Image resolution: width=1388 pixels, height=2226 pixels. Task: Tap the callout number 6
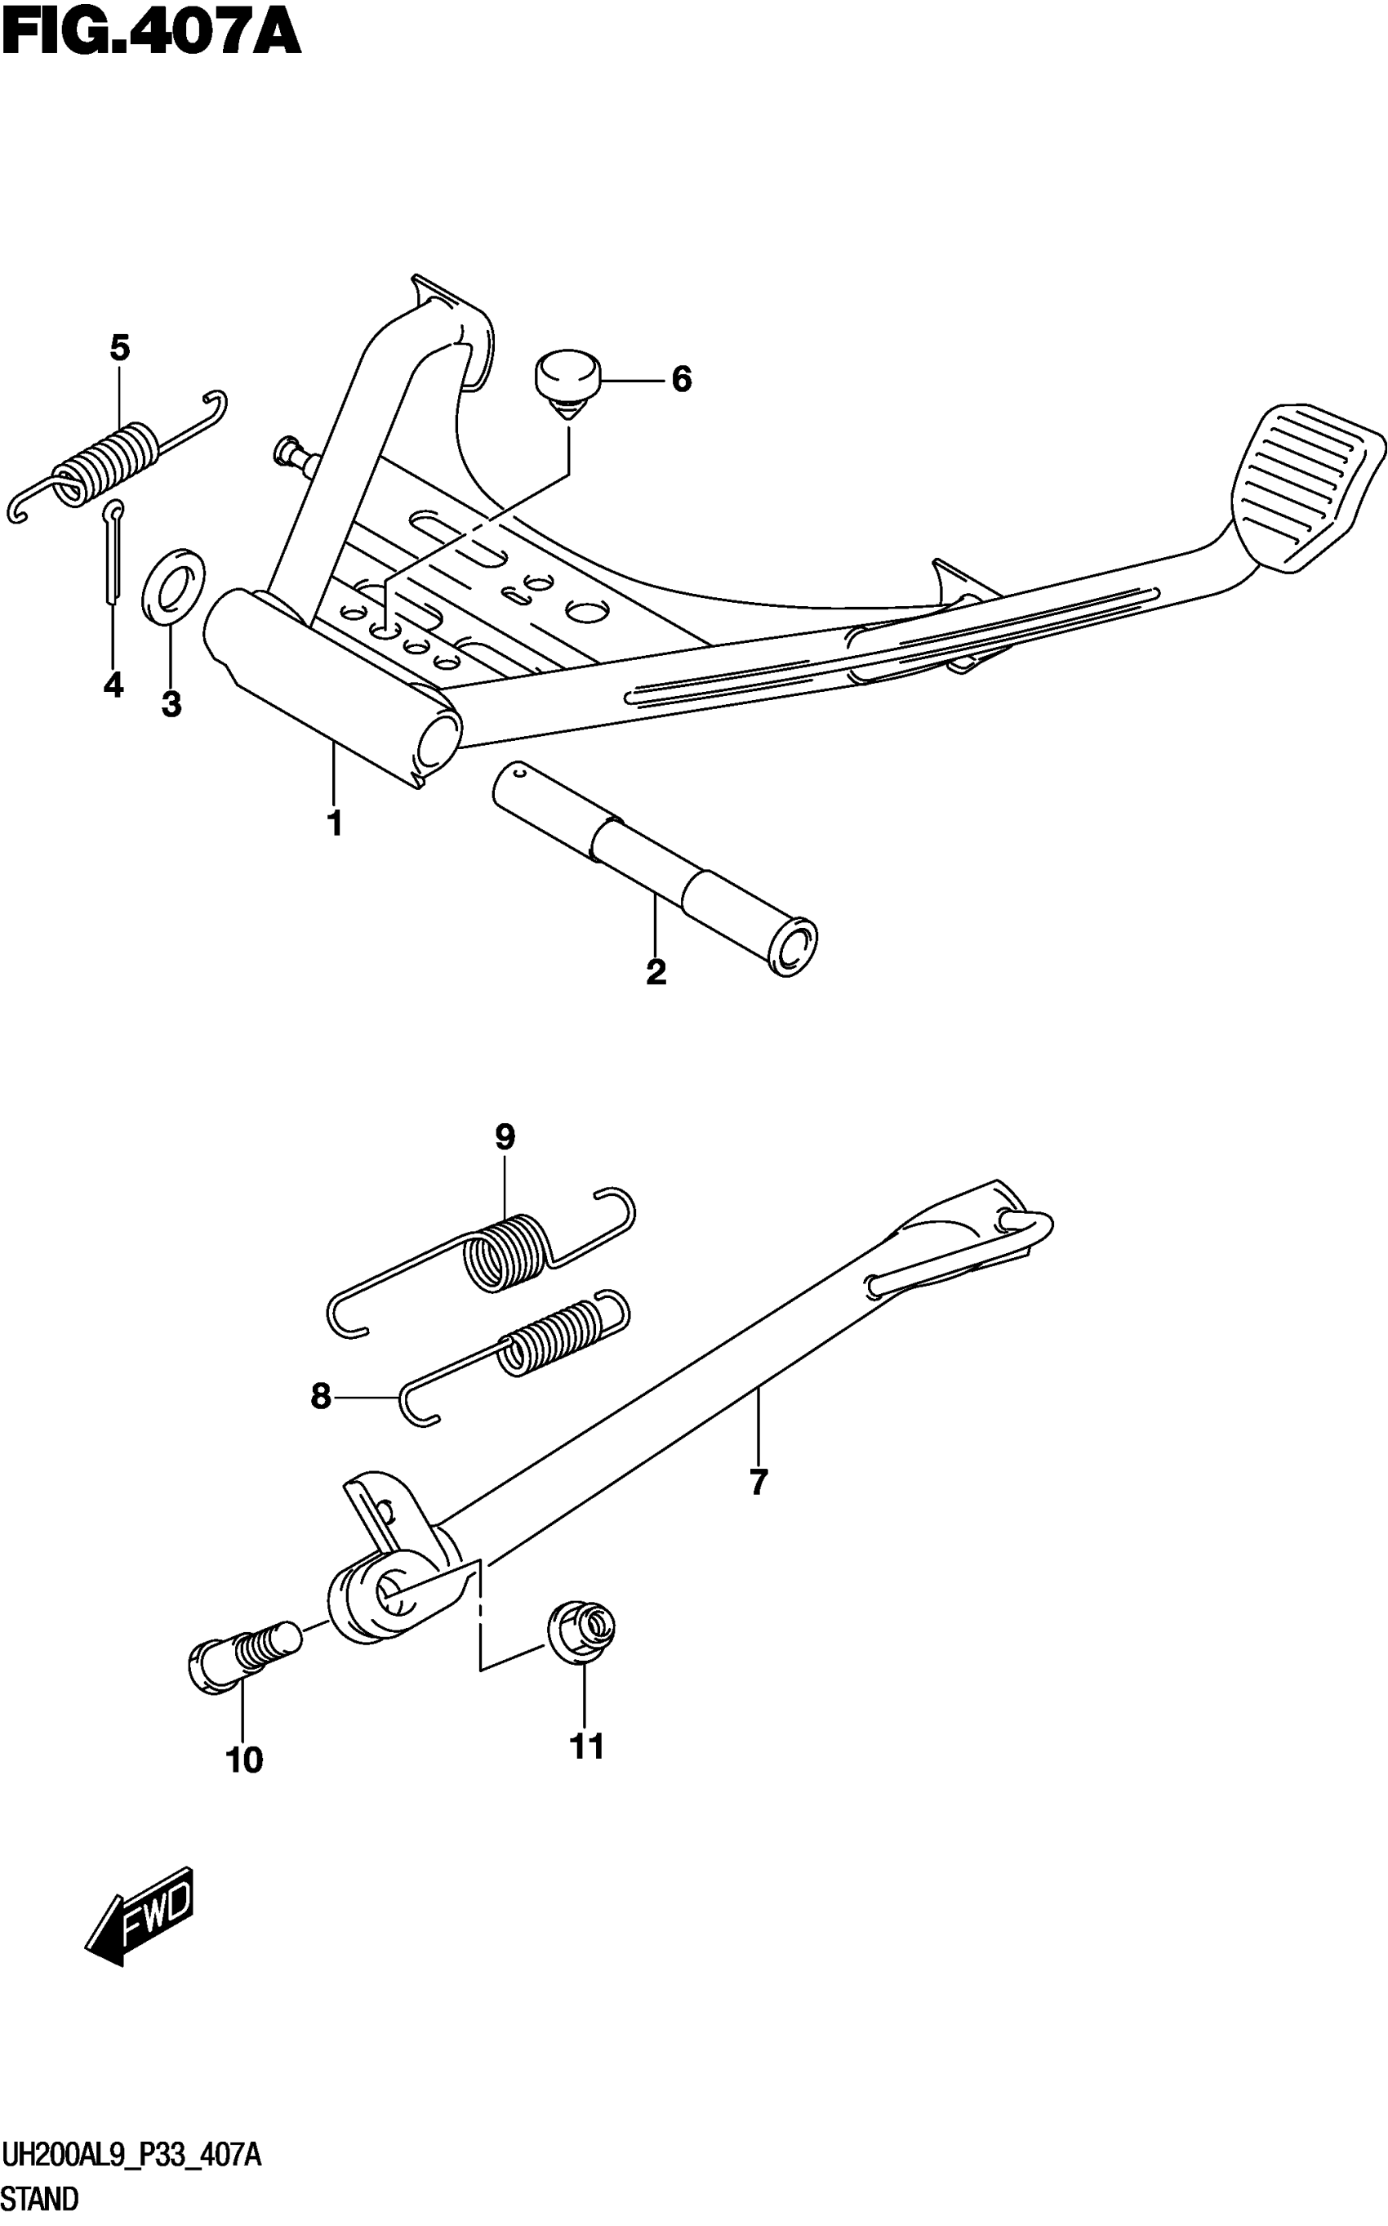point(681,379)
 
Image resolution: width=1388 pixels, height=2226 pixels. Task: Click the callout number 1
point(335,823)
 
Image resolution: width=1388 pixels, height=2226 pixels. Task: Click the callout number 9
point(505,1137)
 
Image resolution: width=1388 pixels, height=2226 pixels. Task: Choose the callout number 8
point(320,1397)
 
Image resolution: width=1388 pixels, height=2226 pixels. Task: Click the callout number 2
point(656,971)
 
